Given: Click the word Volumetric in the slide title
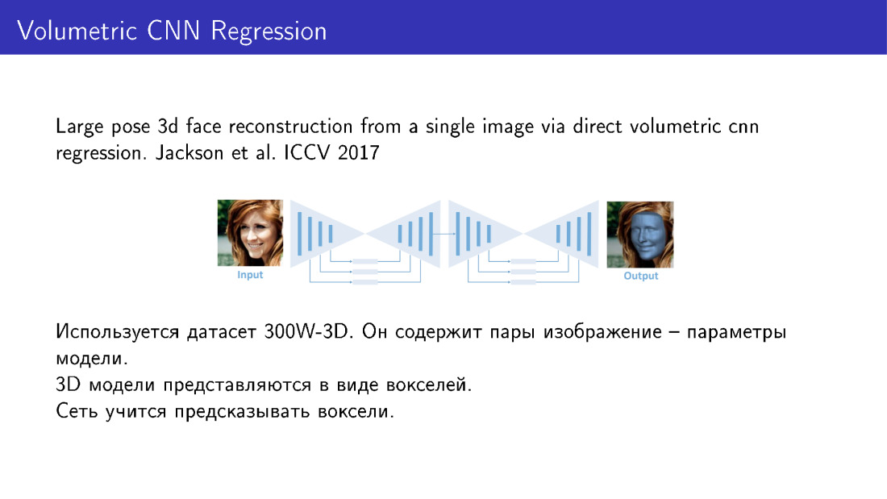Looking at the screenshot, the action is tap(77, 31).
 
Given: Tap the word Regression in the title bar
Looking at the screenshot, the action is tap(269, 31).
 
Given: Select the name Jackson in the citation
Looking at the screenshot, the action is tap(189, 152).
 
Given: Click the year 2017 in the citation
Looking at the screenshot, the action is tap(358, 152).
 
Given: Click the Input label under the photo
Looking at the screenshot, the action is tap(250, 275).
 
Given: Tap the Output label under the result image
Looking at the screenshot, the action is tap(641, 276).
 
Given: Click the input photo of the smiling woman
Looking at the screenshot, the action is tap(250, 232).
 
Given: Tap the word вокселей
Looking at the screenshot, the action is tap(429, 385).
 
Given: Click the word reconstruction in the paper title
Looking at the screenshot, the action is tap(291, 126).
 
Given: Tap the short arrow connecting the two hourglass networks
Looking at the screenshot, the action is tap(444, 234).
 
